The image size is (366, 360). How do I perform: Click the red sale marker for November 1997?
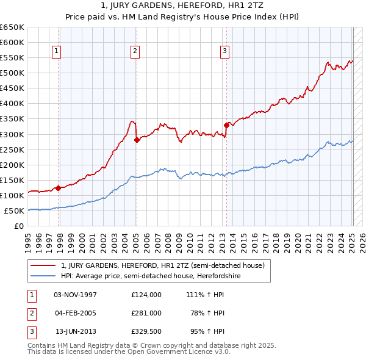point(58,188)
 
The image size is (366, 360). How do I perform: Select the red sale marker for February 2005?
point(136,140)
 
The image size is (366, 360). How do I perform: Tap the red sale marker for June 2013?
point(226,125)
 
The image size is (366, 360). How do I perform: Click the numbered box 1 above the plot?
point(56,51)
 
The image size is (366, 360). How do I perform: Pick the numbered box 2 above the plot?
point(134,51)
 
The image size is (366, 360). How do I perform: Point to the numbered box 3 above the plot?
point(224,51)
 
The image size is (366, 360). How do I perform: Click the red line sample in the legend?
point(43,265)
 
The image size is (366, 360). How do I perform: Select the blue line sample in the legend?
point(43,276)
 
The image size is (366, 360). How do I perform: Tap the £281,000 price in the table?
point(146,313)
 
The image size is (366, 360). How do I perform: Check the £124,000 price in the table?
point(146,294)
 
